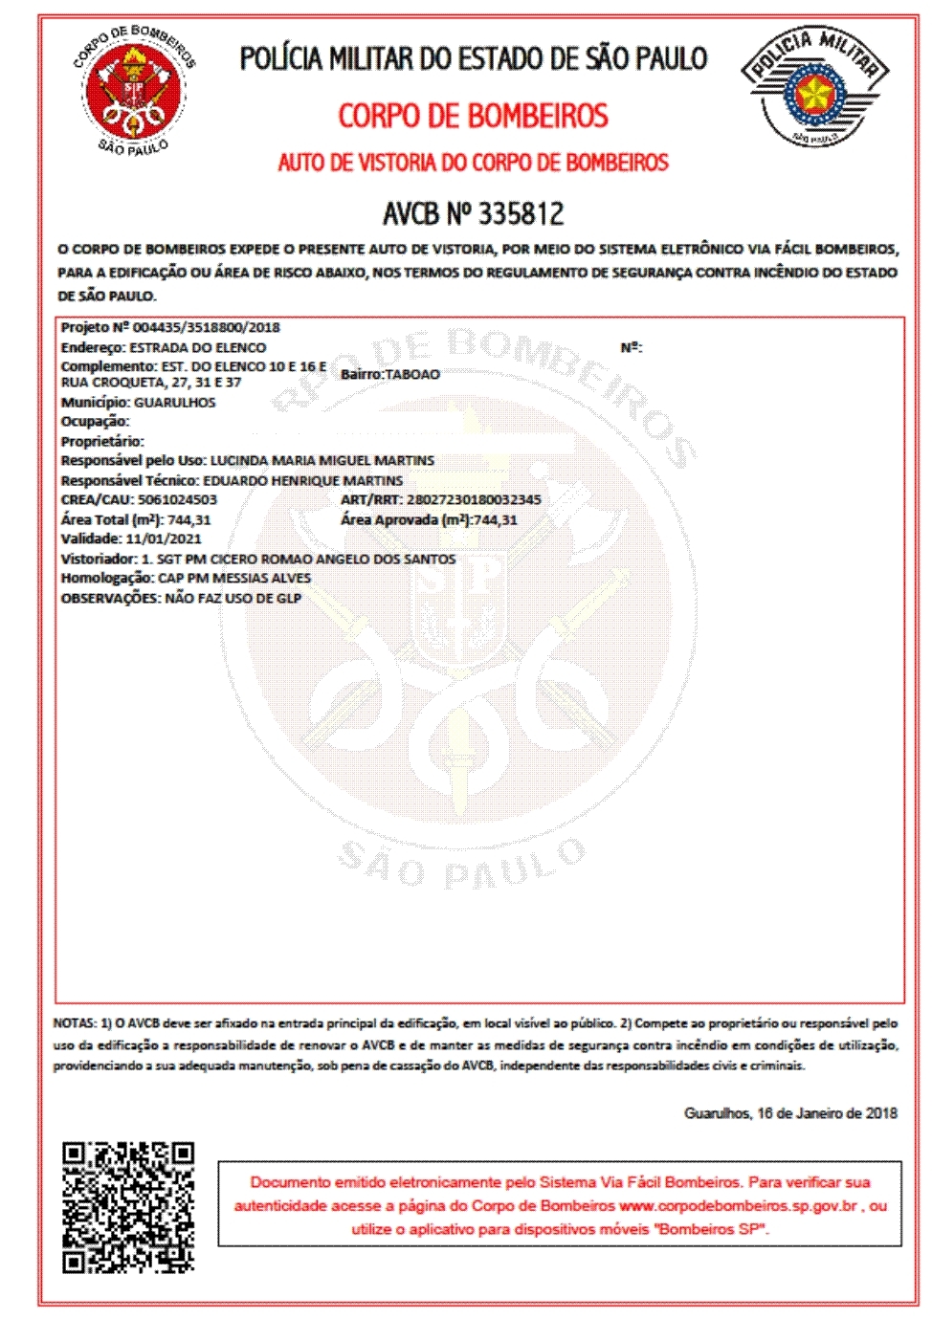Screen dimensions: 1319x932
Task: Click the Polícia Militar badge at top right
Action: (x=815, y=88)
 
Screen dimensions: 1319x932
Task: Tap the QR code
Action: (x=128, y=1207)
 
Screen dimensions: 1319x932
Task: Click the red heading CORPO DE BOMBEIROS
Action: (x=473, y=117)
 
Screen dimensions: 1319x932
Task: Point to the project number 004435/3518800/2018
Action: (x=206, y=327)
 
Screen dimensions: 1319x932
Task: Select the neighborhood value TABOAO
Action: (x=412, y=374)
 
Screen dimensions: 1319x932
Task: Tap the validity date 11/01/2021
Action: (x=164, y=539)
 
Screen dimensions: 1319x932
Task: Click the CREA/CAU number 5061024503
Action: (x=177, y=499)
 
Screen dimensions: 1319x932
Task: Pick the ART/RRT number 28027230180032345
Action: (x=474, y=499)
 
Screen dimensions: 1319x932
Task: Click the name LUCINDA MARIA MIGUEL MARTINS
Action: (x=322, y=460)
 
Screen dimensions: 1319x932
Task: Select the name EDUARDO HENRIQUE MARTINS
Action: (x=302, y=480)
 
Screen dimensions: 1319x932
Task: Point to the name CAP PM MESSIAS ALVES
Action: (x=234, y=578)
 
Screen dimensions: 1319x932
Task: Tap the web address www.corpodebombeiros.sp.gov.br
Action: (x=738, y=1206)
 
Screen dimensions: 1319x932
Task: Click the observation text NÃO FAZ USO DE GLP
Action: (x=233, y=598)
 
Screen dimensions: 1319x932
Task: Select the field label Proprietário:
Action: (x=102, y=441)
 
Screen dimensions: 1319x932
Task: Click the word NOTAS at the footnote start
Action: (x=75, y=1023)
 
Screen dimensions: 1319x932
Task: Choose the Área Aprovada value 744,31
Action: (x=496, y=519)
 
